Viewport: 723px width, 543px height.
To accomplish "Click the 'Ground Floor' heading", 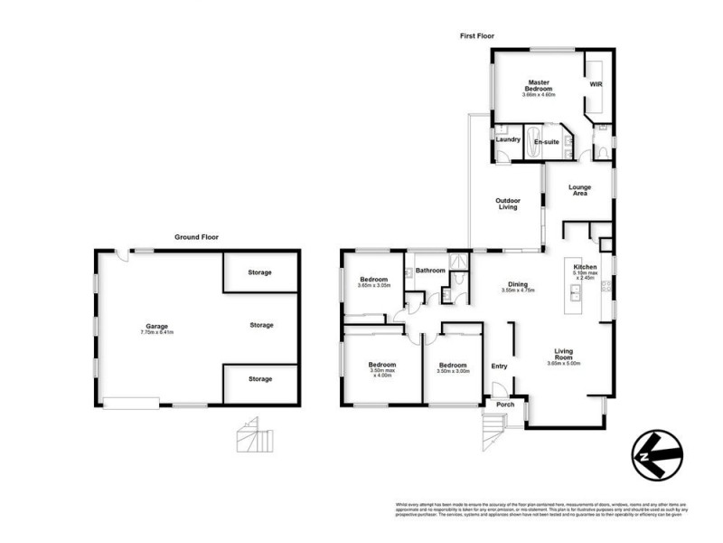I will click(x=196, y=237).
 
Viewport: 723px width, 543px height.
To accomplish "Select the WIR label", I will click(x=596, y=84).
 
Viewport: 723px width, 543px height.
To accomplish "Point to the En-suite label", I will click(x=545, y=142).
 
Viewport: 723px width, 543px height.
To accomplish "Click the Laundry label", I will click(x=508, y=139).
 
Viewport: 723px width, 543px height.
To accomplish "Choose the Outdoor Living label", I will click(x=505, y=203).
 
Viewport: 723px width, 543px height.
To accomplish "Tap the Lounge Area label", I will click(x=579, y=190).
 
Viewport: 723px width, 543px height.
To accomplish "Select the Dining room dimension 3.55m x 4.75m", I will click(x=519, y=291).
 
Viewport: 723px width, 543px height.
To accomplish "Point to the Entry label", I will click(x=499, y=366).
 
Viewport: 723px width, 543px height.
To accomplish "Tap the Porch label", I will click(x=505, y=404).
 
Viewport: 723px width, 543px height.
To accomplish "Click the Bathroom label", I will click(x=430, y=270).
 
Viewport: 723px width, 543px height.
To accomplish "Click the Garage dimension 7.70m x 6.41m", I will click(x=156, y=332).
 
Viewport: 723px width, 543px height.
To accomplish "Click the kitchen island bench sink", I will click(x=574, y=294).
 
